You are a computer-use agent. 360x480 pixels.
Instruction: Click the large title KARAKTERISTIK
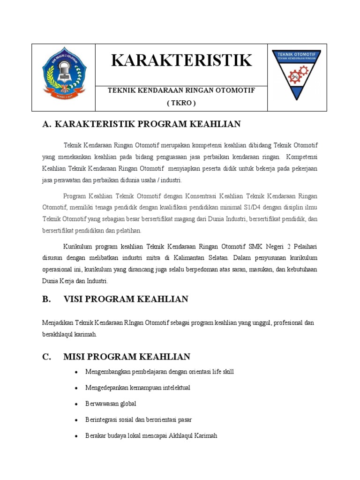point(181,60)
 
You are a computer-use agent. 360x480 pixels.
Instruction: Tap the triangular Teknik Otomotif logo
point(296,73)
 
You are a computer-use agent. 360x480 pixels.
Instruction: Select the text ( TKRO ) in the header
point(181,103)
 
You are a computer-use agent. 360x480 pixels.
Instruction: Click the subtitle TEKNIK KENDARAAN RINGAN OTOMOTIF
point(181,90)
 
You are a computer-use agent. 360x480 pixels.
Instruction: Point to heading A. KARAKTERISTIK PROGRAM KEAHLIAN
point(141,124)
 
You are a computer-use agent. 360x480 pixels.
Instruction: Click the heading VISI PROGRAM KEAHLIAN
point(126,299)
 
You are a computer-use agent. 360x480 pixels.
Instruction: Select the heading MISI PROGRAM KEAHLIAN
point(127,357)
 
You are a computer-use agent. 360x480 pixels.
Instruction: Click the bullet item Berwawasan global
point(111,404)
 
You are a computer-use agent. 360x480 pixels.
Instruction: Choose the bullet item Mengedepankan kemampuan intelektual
point(137,388)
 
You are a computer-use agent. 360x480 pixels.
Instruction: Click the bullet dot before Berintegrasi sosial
point(76,420)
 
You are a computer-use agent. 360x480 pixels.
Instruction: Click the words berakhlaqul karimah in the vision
point(69,334)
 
